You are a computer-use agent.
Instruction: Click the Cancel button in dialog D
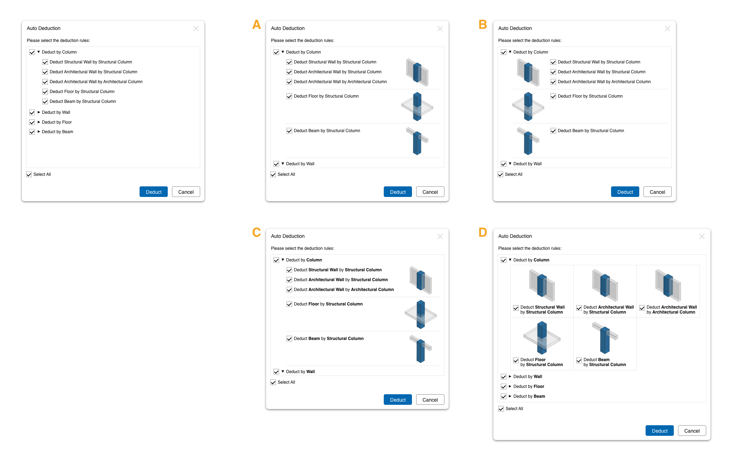(692, 431)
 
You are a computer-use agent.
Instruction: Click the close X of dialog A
(440, 29)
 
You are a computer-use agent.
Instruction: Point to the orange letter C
(257, 232)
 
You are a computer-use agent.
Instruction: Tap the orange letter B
(483, 24)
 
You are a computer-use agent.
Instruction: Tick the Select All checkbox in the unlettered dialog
(29, 174)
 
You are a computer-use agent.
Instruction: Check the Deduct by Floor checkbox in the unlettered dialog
(32, 122)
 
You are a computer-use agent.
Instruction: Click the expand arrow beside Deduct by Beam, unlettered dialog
(39, 132)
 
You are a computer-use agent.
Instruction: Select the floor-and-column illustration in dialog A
(417, 106)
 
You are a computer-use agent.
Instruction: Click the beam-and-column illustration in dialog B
(528, 141)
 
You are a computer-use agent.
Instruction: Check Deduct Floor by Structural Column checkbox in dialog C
(289, 304)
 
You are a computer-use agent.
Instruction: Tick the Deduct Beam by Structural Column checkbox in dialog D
(579, 360)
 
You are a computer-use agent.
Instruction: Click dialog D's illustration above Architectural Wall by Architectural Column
(668, 285)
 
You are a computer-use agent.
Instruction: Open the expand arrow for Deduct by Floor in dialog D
(510, 386)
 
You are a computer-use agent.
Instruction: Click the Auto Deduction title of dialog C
(288, 236)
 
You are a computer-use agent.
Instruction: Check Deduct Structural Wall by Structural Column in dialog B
(553, 62)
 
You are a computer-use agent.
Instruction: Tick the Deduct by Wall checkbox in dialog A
(276, 164)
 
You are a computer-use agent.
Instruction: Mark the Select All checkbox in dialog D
(501, 409)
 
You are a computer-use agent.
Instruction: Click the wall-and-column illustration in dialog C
(421, 280)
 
